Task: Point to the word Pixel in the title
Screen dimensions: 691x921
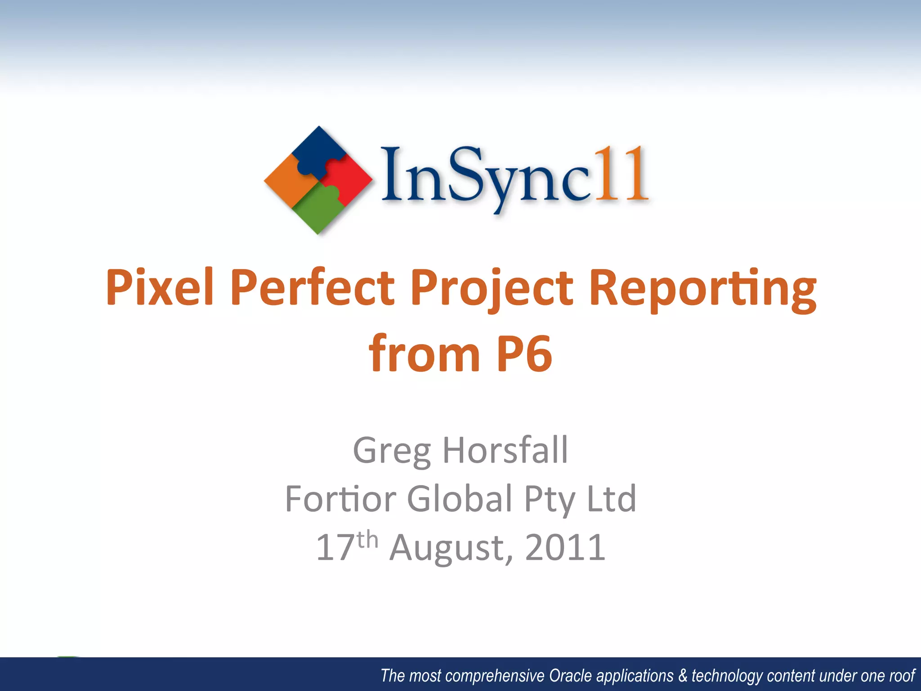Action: click(x=160, y=288)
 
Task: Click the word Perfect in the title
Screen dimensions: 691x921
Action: click(x=313, y=288)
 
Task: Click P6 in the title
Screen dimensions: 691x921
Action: click(x=523, y=354)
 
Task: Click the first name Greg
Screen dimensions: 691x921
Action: click(x=392, y=451)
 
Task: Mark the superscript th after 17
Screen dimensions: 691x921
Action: click(x=367, y=539)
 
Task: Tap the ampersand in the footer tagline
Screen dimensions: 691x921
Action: click(x=683, y=676)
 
